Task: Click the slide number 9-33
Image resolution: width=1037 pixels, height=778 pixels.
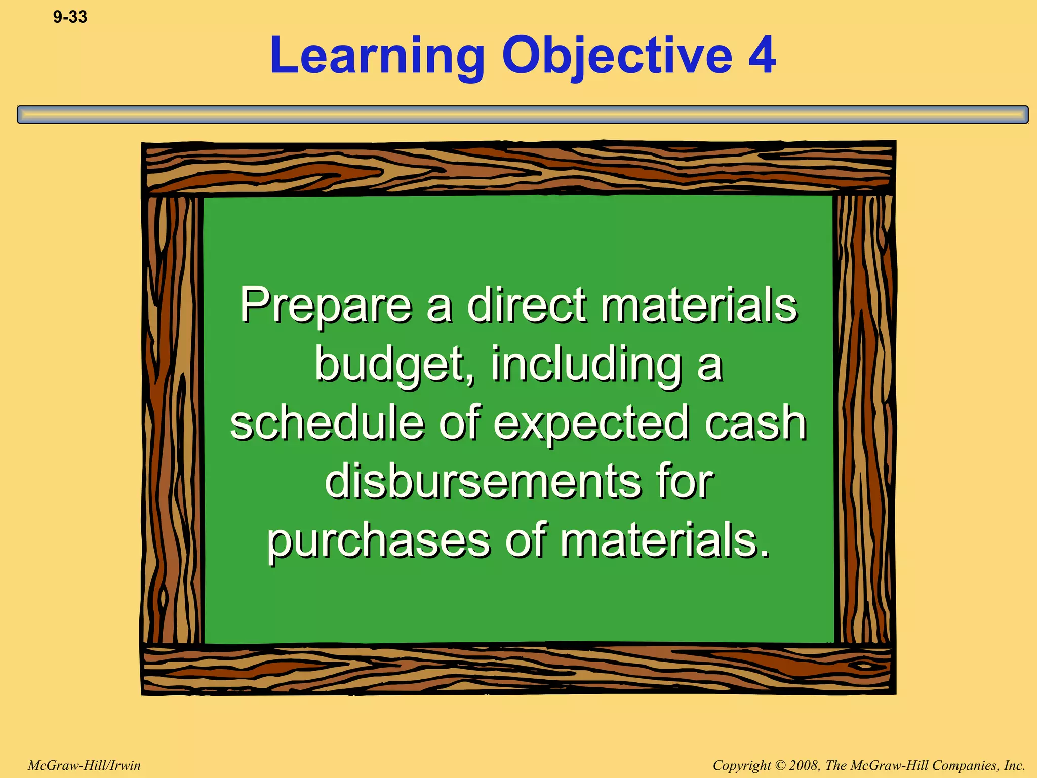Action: (x=70, y=17)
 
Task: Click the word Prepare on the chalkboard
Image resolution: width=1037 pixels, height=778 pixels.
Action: (x=326, y=305)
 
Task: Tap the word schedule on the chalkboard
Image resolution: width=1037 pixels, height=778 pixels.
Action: (x=327, y=423)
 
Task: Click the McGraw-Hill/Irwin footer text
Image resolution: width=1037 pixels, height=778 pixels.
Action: (x=84, y=765)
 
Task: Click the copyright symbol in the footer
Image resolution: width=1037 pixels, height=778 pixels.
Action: (x=779, y=765)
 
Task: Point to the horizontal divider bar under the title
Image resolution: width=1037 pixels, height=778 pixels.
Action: (x=523, y=114)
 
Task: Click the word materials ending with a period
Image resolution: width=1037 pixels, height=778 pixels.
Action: (x=664, y=540)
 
